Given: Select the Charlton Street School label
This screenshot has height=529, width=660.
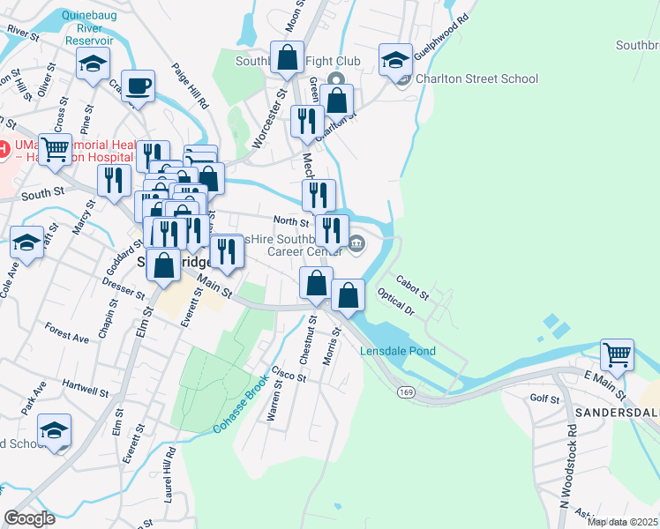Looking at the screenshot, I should pos(476,78).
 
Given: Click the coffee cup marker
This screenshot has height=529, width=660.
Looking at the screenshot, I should pos(138,86).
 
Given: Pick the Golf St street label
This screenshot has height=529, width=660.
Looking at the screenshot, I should pos(545,399).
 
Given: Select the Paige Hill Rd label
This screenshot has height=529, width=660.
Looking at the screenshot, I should pos(191,86).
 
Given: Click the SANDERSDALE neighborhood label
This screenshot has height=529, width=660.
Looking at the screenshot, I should pos(618,413).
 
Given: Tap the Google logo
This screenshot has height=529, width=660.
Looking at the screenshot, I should pos(30,518).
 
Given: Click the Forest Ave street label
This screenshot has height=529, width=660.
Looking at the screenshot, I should pos(67,335).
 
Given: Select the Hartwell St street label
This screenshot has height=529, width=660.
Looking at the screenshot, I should pos(86,384).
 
